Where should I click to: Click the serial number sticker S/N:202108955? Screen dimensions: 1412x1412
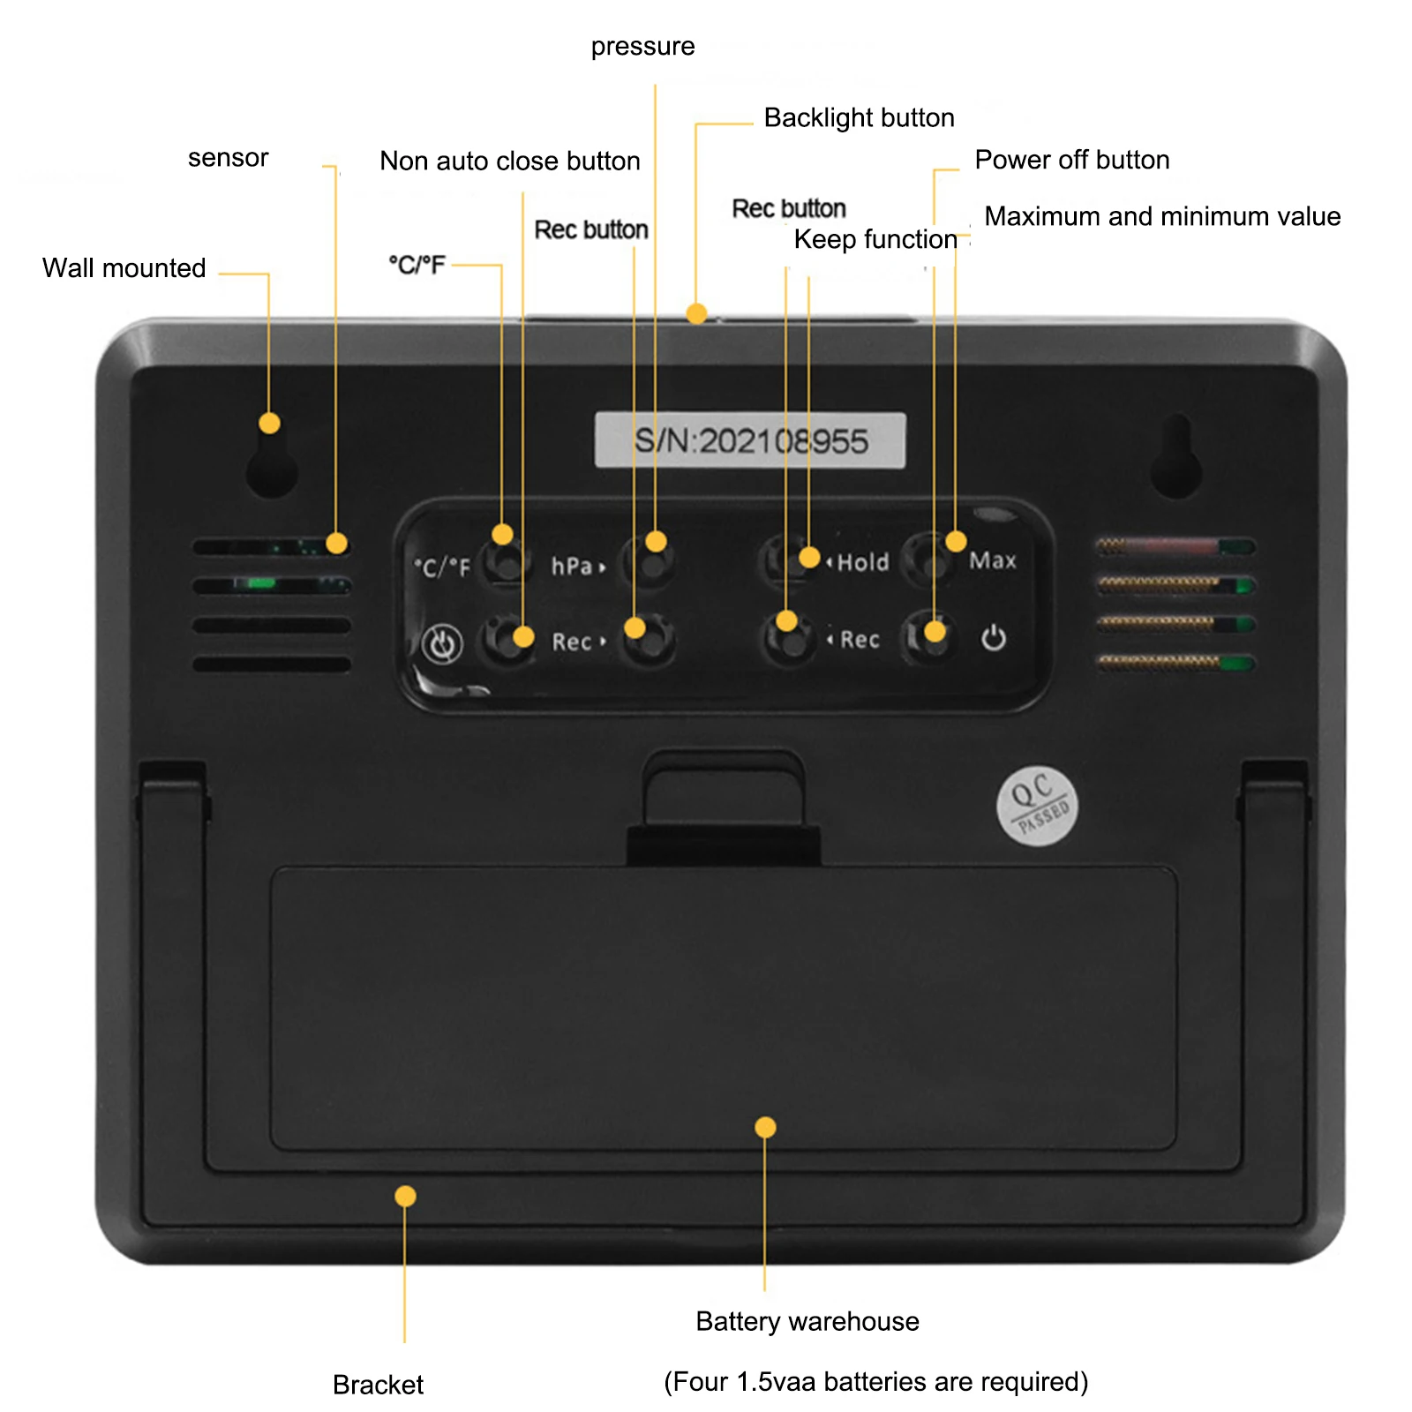750,439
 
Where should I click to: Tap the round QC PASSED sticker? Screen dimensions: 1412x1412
1037,805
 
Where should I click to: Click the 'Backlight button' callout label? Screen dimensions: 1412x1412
859,117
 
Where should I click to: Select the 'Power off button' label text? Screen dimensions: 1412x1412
1071,160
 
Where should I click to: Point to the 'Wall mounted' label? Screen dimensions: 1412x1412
124,267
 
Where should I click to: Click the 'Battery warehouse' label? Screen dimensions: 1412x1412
807,1321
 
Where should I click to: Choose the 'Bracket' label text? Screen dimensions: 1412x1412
378,1384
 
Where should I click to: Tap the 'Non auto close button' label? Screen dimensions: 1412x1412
509,161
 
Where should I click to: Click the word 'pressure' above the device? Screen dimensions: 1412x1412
642,46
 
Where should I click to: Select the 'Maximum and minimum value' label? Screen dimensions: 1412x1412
1161,216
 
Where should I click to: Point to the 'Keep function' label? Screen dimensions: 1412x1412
875,239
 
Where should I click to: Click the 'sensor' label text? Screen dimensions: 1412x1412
228,158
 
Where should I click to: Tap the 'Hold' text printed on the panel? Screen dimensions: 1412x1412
862,562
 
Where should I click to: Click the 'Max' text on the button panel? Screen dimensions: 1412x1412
992,560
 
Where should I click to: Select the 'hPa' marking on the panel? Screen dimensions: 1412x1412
572,566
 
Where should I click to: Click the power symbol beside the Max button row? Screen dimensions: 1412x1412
993,637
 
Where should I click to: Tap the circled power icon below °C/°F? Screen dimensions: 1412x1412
441,643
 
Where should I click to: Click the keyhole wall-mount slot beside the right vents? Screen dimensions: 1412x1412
1176,459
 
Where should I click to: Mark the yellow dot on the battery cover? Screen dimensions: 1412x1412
765,1127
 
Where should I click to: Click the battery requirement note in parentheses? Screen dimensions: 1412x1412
875,1381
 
